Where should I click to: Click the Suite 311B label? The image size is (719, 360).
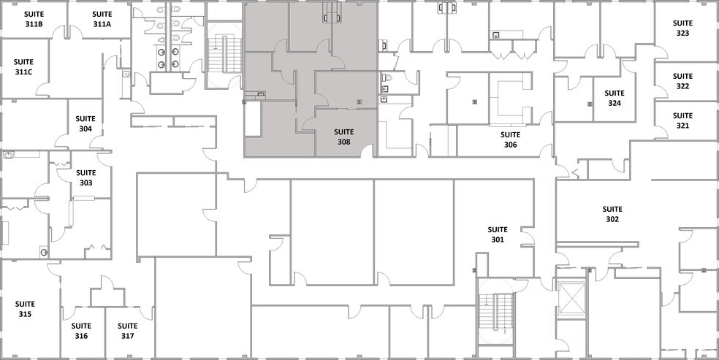coord(34,20)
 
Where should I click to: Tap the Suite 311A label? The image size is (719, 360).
coord(102,20)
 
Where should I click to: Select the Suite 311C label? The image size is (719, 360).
coord(23,68)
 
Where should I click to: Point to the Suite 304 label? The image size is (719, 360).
coord(86,124)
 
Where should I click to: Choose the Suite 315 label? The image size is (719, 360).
coord(26,309)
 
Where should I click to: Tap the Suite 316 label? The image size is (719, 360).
coord(81,331)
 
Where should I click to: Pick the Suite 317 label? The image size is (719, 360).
coord(128,331)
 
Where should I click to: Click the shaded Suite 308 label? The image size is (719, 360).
coord(344,137)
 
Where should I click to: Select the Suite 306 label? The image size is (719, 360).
coord(510,139)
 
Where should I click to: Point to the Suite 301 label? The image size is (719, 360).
coord(498,234)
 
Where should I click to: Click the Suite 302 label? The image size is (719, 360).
coord(612,214)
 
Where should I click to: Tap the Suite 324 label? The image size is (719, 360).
coord(615,99)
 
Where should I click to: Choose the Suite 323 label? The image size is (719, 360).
coord(682,28)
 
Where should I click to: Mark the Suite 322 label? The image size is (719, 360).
coord(682,81)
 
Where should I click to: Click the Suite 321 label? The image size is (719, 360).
coord(682,120)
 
